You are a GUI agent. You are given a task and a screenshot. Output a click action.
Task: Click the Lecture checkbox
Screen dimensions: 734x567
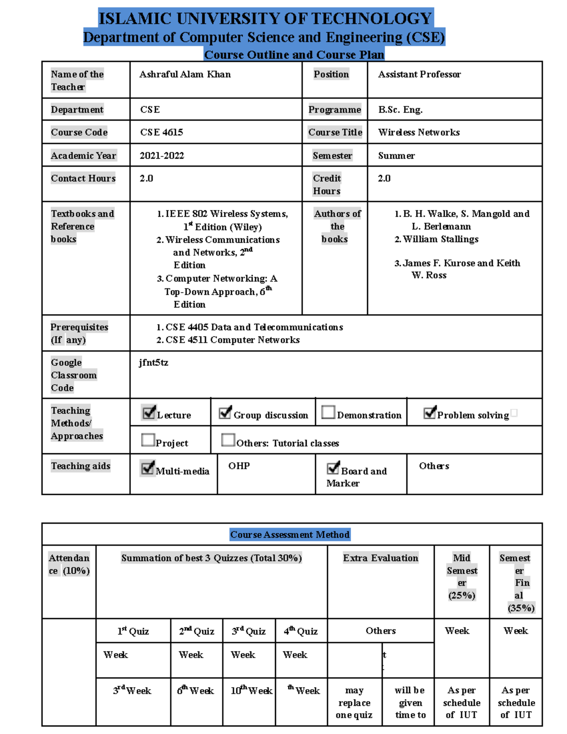coord(149,413)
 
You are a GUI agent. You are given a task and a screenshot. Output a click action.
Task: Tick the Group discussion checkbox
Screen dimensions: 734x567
coord(225,413)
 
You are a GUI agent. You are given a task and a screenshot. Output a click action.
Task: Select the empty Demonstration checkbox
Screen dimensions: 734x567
coord(328,412)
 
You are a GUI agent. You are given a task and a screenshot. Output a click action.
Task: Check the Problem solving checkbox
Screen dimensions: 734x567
coord(430,413)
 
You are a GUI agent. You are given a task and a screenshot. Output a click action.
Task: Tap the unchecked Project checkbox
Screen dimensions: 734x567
coord(148,440)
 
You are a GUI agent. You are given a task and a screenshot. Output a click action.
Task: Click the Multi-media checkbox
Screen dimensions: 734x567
coord(148,468)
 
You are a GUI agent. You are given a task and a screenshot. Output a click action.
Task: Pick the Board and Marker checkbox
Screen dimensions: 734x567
coord(333,468)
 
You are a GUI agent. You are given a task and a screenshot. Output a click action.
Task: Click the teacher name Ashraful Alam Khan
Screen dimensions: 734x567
coord(185,74)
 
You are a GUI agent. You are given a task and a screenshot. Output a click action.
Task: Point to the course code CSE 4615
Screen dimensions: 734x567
coord(161,132)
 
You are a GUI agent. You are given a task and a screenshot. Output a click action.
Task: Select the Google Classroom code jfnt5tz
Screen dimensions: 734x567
coord(153,363)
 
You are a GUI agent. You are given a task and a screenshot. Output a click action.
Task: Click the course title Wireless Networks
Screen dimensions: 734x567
coord(419,132)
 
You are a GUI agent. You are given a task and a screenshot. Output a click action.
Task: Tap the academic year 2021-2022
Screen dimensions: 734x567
coord(162,155)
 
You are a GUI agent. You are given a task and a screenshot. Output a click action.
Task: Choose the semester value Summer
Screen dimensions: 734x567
coord(396,155)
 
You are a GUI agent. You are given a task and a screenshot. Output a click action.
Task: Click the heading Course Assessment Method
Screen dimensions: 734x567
coord(290,535)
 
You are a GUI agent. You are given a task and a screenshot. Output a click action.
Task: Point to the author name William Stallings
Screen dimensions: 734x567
coord(440,239)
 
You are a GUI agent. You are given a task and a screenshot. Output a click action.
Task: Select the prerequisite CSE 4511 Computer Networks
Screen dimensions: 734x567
coord(232,340)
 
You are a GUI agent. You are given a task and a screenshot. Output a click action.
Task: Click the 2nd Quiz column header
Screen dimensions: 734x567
coord(197,631)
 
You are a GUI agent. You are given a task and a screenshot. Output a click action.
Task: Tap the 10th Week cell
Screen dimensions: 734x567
coord(251,691)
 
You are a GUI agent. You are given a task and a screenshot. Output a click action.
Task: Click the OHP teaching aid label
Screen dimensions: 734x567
coord(239,466)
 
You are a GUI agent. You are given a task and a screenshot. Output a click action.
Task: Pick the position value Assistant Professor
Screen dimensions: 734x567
coord(419,74)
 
